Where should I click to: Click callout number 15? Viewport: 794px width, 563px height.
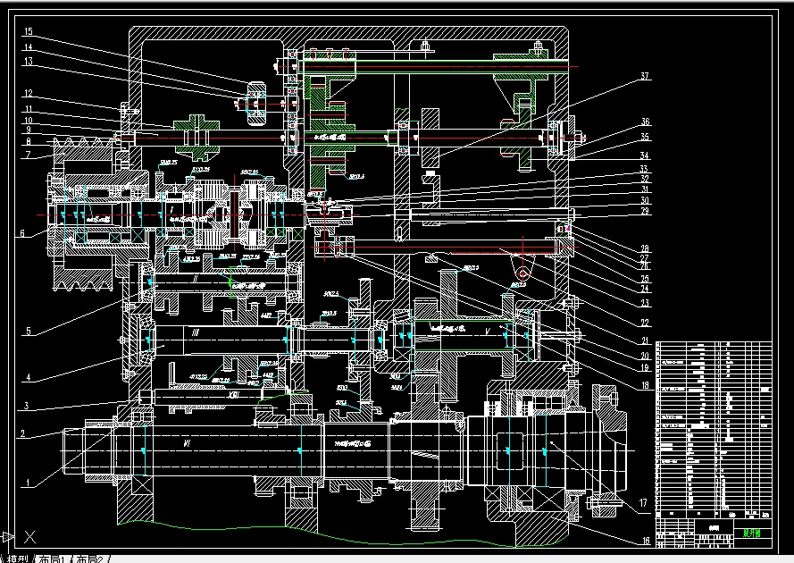(29, 31)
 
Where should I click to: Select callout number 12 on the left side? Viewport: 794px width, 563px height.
(29, 93)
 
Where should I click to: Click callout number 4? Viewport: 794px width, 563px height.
(29, 378)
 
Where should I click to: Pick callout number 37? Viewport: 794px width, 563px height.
(645, 77)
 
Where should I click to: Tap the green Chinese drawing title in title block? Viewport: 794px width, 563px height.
(753, 533)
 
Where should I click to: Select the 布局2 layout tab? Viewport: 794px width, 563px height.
(93, 558)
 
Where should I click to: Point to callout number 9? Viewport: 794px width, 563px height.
(29, 130)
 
